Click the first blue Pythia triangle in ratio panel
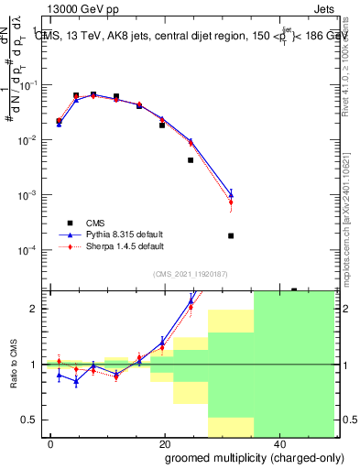(x=59, y=374)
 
